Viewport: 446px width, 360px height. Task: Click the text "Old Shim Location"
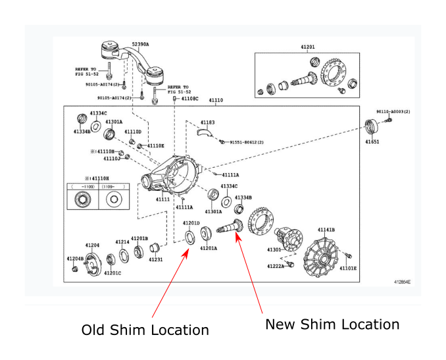pos(145,330)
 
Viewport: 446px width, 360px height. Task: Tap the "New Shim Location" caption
pos(332,324)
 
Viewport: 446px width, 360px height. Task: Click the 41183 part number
pos(207,122)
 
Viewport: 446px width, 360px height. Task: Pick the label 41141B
pos(326,230)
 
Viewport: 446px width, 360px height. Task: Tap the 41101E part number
pos(348,269)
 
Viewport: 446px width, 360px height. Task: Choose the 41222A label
pos(276,267)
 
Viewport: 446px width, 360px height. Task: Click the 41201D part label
pos(191,223)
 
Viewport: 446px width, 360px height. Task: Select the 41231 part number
pos(155,260)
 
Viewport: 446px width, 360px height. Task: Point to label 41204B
pos(75,259)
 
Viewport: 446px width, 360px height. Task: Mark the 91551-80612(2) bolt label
pos(246,142)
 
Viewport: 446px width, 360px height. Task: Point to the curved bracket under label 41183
pos(205,132)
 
